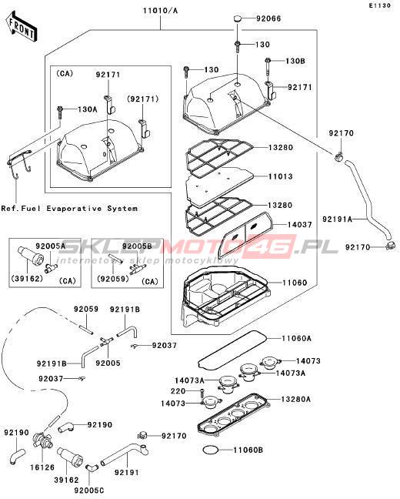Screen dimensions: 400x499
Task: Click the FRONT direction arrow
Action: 22,27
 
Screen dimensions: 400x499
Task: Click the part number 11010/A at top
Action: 160,11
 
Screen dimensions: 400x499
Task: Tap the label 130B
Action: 295,61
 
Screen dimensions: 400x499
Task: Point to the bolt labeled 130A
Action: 59,112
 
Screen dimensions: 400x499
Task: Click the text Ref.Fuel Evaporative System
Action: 69,209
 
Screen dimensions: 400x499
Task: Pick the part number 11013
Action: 281,176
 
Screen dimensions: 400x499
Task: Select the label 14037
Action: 299,225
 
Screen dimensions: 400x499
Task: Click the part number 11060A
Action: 296,338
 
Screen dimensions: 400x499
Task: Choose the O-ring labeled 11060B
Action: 211,450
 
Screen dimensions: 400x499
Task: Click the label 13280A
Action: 295,399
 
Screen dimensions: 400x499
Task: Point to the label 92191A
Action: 338,219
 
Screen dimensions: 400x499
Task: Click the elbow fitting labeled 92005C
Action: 90,468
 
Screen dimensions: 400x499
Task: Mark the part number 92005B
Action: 137,246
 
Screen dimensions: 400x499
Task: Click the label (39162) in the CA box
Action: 27,279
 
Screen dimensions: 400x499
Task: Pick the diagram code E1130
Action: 380,5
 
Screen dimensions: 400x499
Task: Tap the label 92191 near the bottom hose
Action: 127,472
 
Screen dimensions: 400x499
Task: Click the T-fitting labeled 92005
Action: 106,341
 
